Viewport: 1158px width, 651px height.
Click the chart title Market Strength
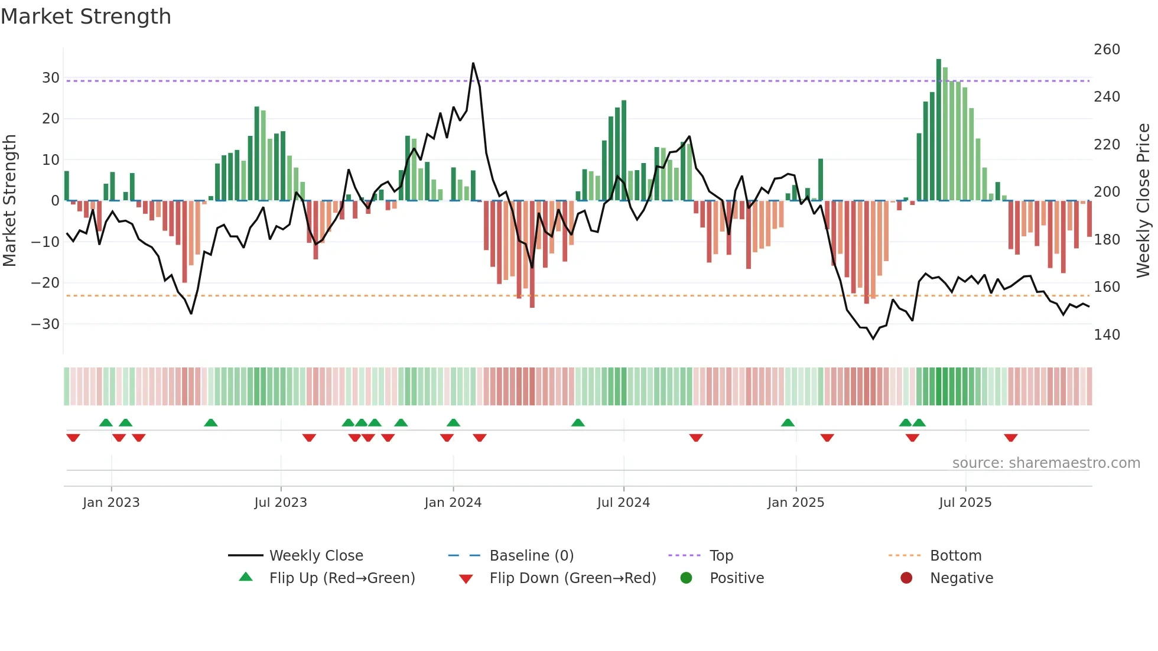[x=86, y=17]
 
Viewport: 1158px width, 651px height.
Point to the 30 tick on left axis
[x=50, y=78]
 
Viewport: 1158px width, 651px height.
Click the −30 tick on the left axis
[x=45, y=324]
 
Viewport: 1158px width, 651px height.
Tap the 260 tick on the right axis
[x=1107, y=50]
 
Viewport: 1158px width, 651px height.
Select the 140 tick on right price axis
[x=1107, y=335]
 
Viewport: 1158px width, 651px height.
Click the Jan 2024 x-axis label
[x=453, y=503]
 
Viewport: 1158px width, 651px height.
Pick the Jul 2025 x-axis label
[x=965, y=503]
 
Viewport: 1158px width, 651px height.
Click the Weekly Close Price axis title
[x=1143, y=201]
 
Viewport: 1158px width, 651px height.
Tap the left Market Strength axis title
[x=9, y=201]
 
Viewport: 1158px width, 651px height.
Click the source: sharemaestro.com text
[x=1046, y=463]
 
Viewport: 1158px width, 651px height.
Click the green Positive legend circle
[x=686, y=578]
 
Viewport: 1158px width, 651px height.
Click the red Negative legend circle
[x=906, y=578]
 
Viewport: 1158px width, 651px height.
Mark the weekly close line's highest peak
[x=473, y=63]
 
